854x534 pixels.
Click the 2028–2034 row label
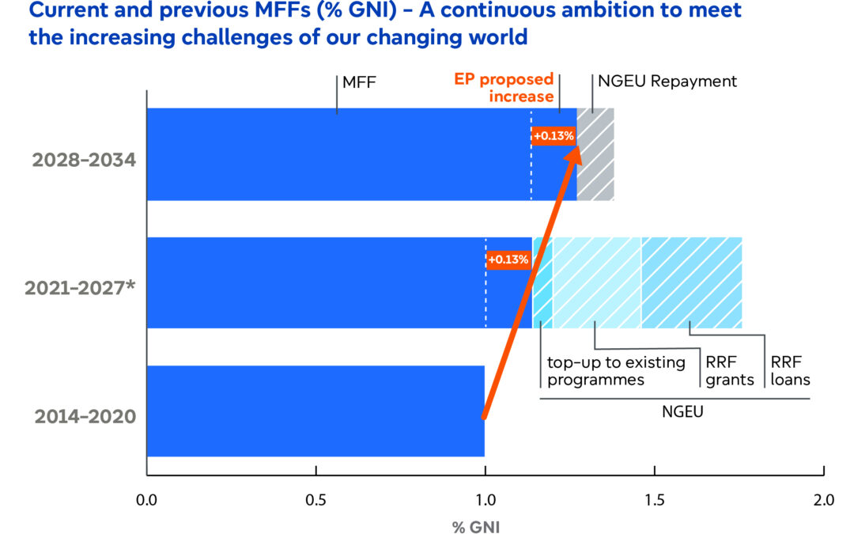click(84, 160)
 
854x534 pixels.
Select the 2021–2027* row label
click(81, 288)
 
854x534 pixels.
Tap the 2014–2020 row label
click(84, 416)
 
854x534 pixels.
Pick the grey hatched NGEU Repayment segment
click(595, 154)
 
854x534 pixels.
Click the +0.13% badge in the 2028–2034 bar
click(554, 135)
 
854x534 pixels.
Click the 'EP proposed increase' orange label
click(503, 89)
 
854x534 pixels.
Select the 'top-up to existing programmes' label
click(617, 371)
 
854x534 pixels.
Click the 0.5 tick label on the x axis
click(316, 499)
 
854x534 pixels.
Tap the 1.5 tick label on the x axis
click(654, 499)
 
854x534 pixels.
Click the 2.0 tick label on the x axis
click(823, 499)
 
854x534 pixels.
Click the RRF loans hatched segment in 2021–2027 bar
click(691, 282)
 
